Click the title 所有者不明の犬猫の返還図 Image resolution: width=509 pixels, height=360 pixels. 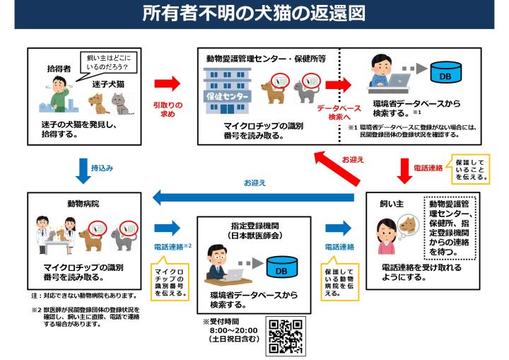[254, 14]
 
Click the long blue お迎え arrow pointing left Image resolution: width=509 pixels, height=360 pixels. [255, 195]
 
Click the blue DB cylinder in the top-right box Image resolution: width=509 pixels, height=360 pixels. [445, 72]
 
